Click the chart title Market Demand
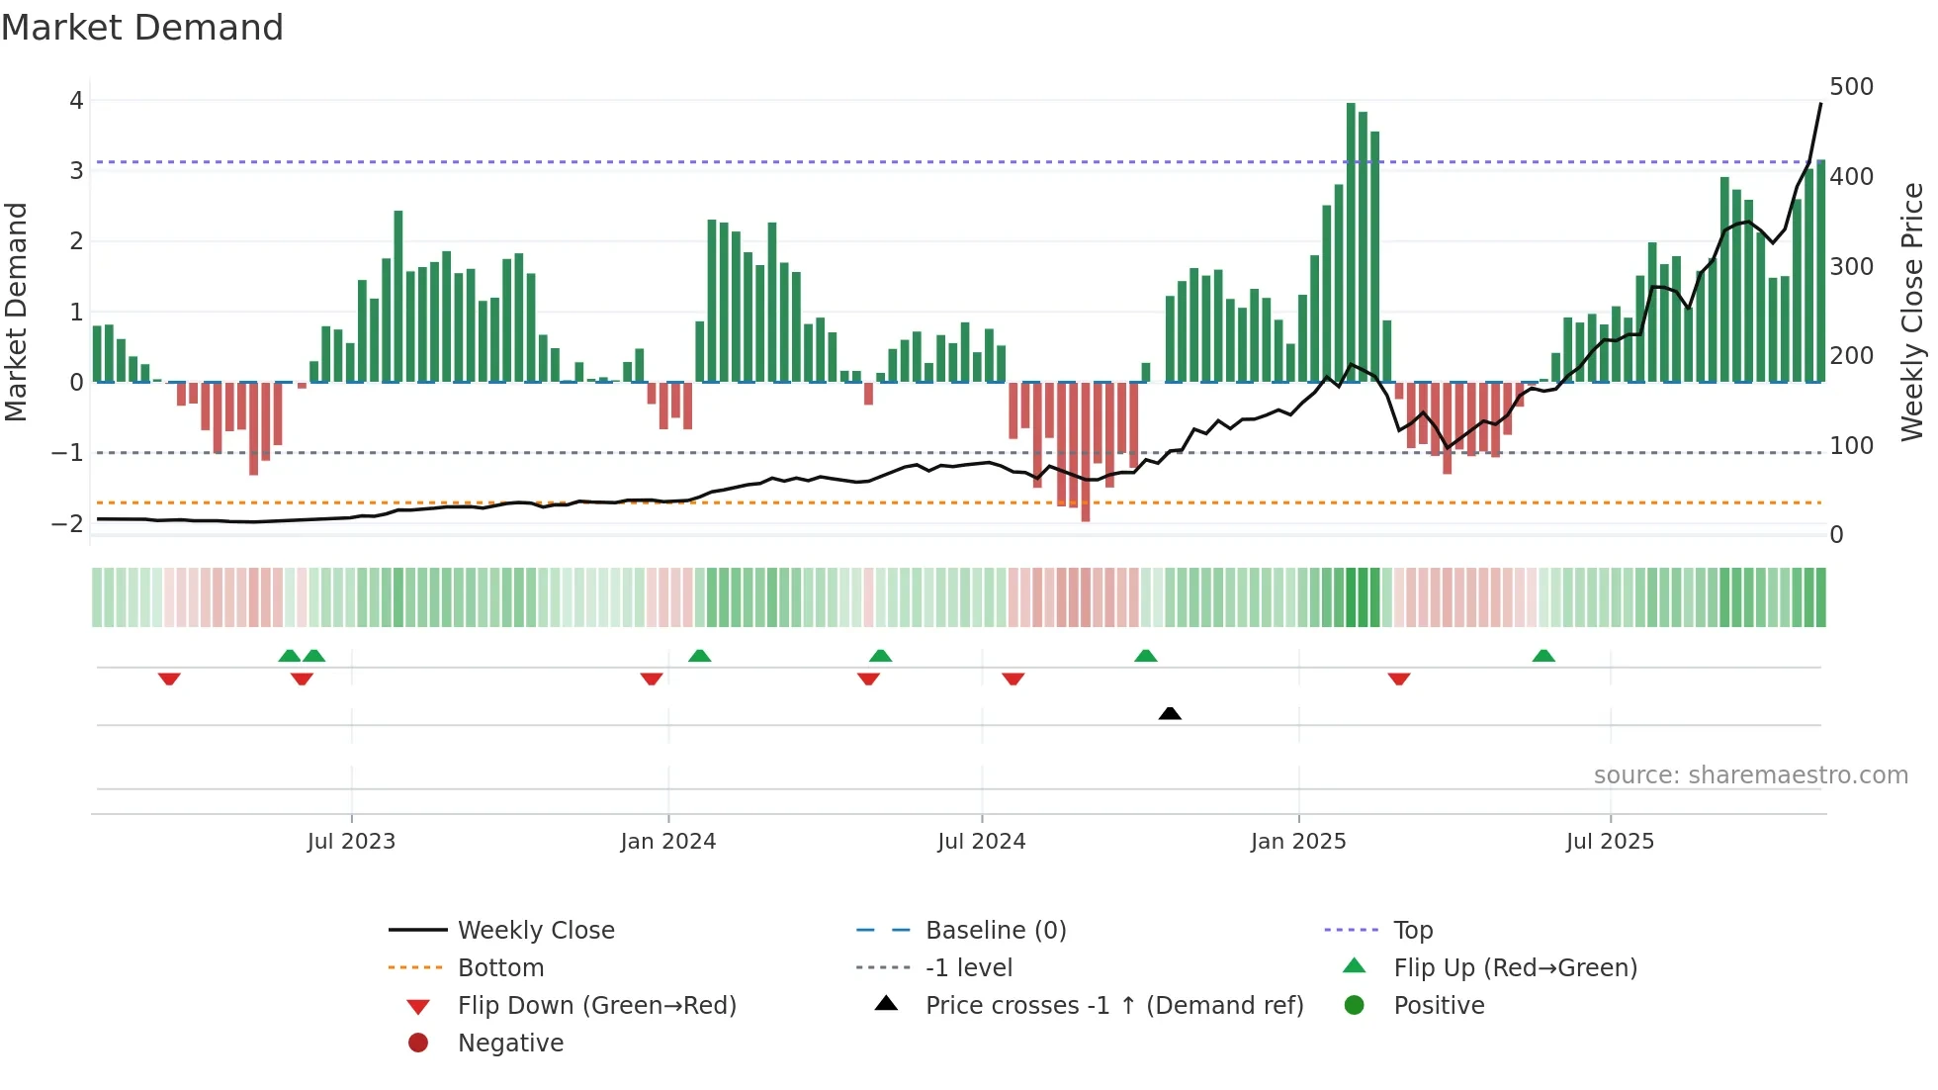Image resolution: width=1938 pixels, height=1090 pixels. coord(142,28)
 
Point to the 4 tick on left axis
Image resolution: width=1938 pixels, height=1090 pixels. coord(76,100)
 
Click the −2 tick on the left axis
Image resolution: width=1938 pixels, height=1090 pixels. coord(68,523)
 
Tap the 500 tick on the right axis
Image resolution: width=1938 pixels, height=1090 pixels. coord(1851,87)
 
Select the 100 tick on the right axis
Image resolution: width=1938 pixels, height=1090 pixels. coord(1851,446)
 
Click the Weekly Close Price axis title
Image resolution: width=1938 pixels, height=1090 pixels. coord(1912,312)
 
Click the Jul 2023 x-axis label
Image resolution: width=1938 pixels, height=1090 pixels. coord(351,842)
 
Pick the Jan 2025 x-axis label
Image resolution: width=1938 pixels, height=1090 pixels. coord(1297,842)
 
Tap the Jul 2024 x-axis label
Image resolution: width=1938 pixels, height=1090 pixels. coord(981,842)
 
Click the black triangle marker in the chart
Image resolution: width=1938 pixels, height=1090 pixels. coord(1170,713)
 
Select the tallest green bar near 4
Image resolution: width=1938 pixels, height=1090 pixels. coord(1351,242)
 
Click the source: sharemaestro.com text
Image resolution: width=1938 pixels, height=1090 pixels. coord(1750,775)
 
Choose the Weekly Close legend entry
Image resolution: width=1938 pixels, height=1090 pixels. coord(535,931)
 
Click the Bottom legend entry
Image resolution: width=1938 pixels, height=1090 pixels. coord(500,968)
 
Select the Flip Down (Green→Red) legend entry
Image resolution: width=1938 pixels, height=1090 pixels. coord(596,1006)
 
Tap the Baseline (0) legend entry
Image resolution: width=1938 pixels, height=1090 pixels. coord(995,931)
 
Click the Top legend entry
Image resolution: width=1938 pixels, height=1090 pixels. coord(1412,931)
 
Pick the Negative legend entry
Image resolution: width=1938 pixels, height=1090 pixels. coord(510,1044)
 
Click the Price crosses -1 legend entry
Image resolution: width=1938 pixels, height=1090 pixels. coord(1113,1006)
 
